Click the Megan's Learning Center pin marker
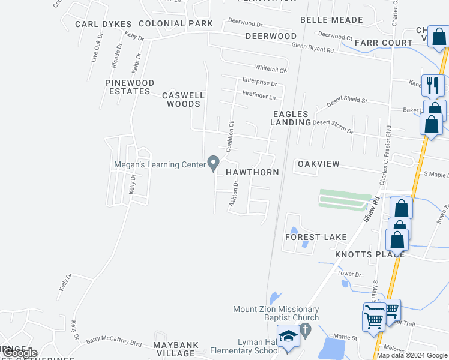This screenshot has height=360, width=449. click(213, 163)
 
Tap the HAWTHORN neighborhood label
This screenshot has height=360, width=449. click(252, 172)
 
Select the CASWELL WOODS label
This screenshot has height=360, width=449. click(184, 100)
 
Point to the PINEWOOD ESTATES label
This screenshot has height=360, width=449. click(130, 87)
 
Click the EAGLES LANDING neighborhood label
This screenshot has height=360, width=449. click(291, 118)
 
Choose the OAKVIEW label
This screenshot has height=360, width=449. click(319, 164)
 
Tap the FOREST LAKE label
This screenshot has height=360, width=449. click(316, 237)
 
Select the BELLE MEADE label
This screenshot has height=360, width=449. click(331, 20)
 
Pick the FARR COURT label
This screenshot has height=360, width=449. click(384, 43)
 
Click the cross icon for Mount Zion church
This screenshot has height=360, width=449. click(305, 330)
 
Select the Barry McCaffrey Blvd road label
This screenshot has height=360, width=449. click(114, 341)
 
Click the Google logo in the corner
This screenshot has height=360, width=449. click(19, 353)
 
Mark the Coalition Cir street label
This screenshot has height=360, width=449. click(229, 136)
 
